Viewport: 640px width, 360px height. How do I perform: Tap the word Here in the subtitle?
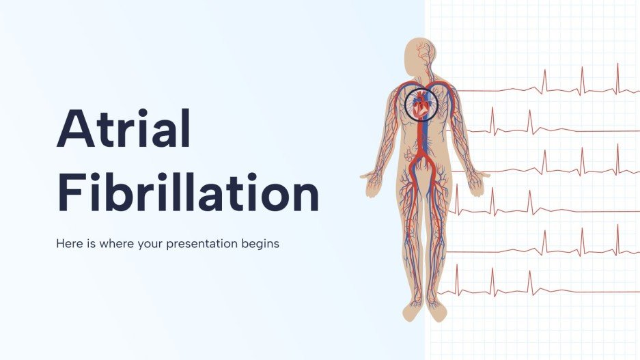tap(69, 244)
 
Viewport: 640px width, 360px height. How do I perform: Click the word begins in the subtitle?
tap(262, 244)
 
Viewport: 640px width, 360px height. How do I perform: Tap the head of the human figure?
tap(417, 53)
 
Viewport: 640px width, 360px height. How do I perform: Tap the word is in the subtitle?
tap(89, 244)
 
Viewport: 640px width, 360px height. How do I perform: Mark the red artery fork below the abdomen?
tap(424, 164)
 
